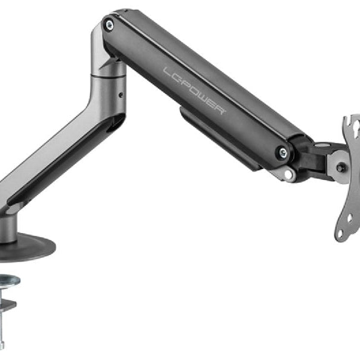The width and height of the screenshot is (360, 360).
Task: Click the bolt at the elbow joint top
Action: (109, 25)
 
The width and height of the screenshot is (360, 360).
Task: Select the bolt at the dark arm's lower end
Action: (281, 152)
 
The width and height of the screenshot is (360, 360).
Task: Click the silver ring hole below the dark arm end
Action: (289, 175)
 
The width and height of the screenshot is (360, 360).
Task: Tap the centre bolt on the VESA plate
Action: (341, 168)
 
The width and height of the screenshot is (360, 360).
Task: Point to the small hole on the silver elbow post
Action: (119, 94)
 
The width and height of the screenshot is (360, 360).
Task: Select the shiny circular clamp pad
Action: (8, 280)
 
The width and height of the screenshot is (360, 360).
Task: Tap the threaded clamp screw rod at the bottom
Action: (2, 333)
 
